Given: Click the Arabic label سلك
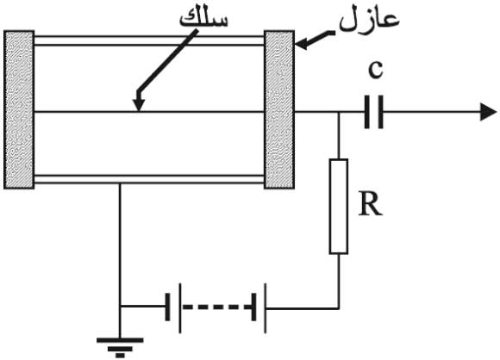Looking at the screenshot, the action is click(203, 19).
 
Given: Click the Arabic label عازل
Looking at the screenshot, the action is click(369, 21).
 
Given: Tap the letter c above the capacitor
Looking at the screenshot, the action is click(376, 69).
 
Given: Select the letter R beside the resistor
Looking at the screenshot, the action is click(370, 204).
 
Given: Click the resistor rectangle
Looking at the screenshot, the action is click(338, 207).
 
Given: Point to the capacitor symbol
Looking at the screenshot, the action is click(374, 112).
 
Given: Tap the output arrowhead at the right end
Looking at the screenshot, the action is click(488, 112).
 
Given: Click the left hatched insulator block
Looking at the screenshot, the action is click(19, 109).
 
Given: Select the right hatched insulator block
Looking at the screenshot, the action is click(279, 109).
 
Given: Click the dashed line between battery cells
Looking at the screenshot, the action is click(217, 307).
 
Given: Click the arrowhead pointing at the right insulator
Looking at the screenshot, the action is click(302, 44).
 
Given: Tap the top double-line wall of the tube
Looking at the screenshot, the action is click(149, 40).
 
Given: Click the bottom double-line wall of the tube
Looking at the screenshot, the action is click(149, 179).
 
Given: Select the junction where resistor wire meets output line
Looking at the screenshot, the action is click(339, 112).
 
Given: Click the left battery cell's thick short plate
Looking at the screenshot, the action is click(168, 307).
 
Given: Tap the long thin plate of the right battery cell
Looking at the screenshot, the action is click(266, 308).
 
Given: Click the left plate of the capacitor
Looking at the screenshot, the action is click(367, 112).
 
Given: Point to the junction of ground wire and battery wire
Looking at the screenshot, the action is click(120, 307).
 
